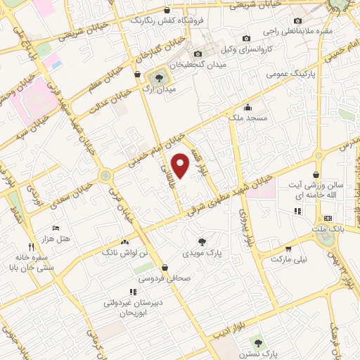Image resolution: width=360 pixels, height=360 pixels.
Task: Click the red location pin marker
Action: coord(181,165)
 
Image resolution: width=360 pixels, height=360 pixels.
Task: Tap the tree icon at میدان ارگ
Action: coord(157,78)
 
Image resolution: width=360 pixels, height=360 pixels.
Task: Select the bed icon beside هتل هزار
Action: coord(56,229)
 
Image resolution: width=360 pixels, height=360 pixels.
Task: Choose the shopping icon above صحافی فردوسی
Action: coord(164,267)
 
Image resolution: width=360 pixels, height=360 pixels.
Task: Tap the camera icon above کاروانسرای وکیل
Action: coord(246,38)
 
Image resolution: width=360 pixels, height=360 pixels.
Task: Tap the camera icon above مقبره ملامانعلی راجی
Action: coord(297,20)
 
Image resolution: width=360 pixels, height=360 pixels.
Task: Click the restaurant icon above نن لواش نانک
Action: coord(126,240)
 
